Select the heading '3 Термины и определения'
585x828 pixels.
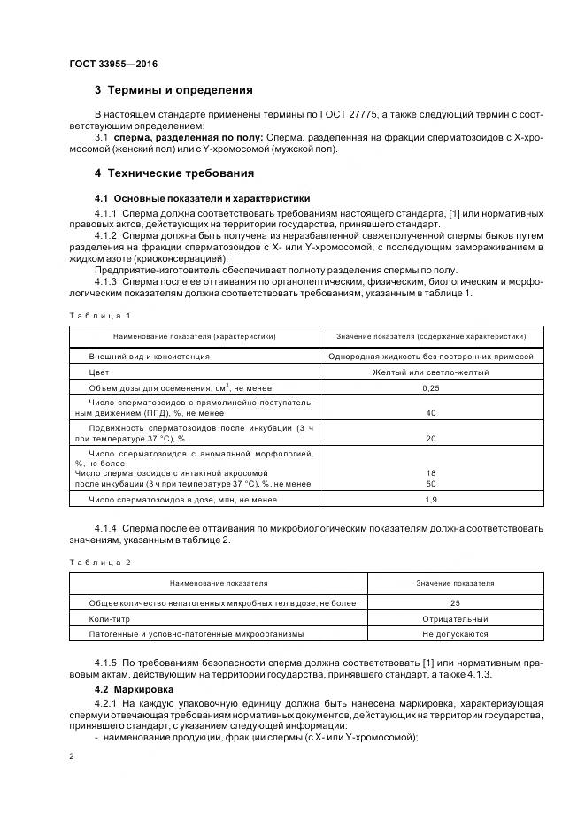173,90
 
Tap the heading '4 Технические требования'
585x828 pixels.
174,172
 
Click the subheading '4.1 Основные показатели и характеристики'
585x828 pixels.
202,197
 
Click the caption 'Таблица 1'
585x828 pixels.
100,315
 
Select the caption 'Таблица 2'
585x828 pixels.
100,562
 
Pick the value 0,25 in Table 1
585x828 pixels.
431,388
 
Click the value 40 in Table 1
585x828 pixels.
431,413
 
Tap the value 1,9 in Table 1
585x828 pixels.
431,501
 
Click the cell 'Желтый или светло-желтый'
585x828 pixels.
431,372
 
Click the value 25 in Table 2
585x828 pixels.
455,602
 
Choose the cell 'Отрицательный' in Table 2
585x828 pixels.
455,618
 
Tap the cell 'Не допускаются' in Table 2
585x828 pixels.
455,634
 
